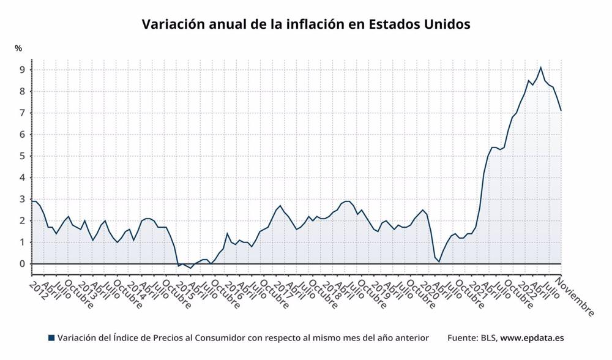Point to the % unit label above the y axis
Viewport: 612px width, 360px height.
18,48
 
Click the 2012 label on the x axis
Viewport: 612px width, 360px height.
39,285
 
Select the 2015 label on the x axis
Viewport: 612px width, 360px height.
184,285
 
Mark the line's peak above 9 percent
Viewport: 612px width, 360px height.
540,67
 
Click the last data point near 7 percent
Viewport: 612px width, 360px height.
561,110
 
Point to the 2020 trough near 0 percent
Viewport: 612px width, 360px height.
439,261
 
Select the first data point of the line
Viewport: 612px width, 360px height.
32,201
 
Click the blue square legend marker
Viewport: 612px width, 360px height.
51,338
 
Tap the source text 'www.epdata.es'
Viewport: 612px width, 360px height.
532,338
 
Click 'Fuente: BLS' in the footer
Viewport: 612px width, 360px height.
471,338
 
